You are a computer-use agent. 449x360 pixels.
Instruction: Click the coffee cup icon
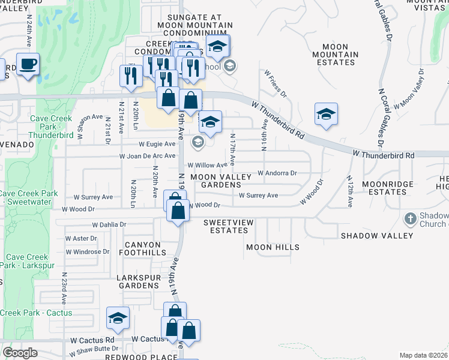click(28, 64)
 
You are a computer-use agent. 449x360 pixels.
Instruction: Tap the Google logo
click(20, 353)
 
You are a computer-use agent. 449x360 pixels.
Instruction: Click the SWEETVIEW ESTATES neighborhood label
click(225, 226)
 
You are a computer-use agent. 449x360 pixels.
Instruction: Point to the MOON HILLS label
click(273, 247)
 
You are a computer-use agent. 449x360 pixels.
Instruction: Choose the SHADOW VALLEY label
click(377, 236)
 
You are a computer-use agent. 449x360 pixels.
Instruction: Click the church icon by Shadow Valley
click(411, 219)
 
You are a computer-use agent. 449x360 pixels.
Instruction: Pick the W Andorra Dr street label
click(277, 173)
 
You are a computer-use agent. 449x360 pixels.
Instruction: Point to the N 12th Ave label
click(349, 191)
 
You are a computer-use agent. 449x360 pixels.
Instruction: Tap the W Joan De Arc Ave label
click(147, 155)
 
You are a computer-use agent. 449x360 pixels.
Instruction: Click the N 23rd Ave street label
click(63, 290)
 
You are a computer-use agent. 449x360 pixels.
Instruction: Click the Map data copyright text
click(423, 355)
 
